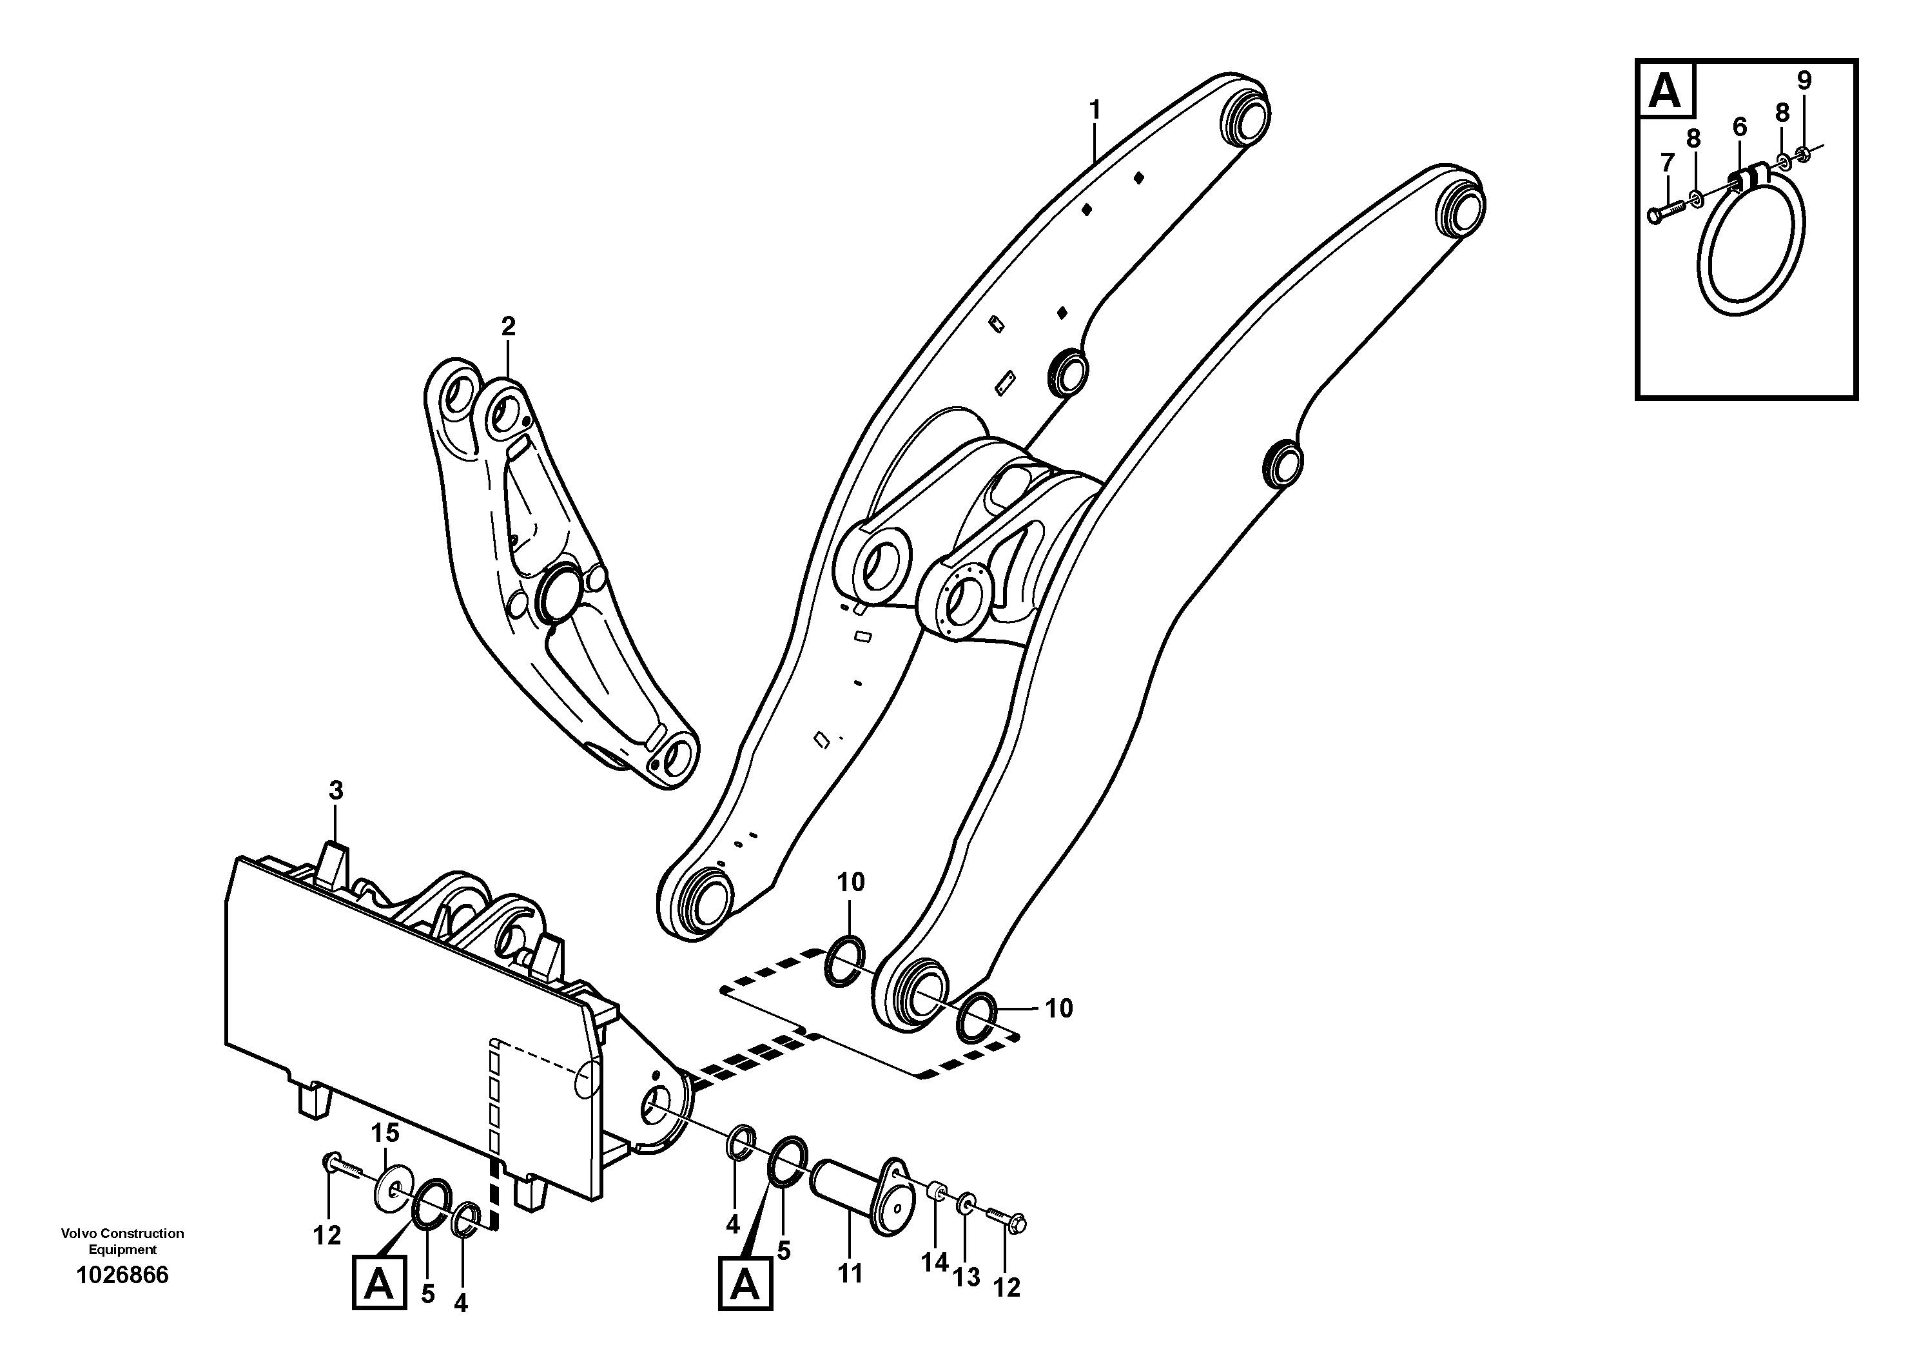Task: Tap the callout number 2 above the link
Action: click(x=508, y=327)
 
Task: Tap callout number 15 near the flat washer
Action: click(x=385, y=1134)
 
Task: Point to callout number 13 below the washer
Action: click(x=967, y=1277)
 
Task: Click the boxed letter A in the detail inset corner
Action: click(x=1666, y=90)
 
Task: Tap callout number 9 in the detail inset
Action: click(x=1804, y=81)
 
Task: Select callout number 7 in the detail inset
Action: click(x=1666, y=161)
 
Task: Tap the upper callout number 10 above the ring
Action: click(x=851, y=882)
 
